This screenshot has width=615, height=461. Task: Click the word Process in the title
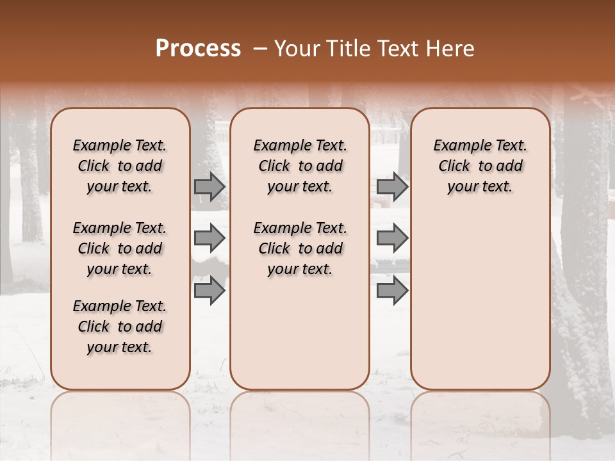point(198,49)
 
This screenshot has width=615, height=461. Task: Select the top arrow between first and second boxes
point(209,187)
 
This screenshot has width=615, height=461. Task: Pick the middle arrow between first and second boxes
point(209,239)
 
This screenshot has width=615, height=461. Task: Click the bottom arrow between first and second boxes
point(209,291)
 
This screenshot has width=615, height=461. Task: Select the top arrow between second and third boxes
point(392,187)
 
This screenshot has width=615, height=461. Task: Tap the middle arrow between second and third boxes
point(392,239)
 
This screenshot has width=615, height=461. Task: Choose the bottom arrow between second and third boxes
point(392,291)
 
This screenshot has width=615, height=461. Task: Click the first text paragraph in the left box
point(120,166)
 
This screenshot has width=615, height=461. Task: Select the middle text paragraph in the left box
point(120,248)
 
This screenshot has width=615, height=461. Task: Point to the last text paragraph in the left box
point(120,327)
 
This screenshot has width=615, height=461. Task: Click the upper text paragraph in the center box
point(300,166)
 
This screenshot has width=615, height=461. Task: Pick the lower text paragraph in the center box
point(300,248)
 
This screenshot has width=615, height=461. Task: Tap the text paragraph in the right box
point(480,166)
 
